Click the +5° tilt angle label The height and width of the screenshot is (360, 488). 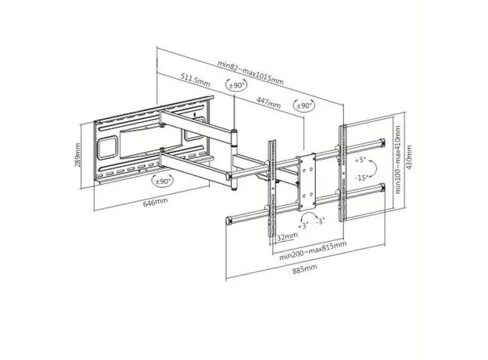pyautogui.click(x=361, y=159)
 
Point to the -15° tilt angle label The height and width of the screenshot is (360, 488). pyautogui.click(x=361, y=177)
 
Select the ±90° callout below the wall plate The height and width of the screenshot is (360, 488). pyautogui.click(x=163, y=181)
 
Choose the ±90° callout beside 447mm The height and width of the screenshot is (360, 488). pyautogui.click(x=304, y=105)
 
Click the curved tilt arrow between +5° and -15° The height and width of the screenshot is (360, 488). pyautogui.click(x=376, y=167)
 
